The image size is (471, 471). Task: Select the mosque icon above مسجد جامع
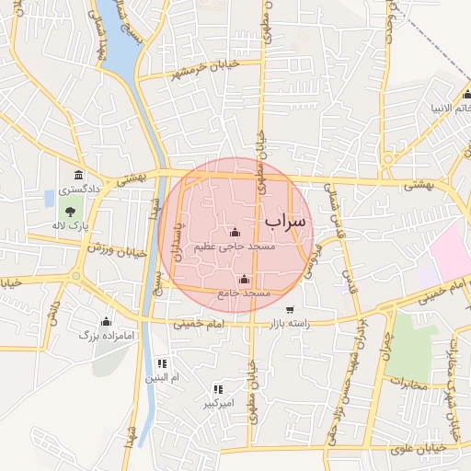(x=244, y=279)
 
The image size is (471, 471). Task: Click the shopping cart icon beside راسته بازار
(x=291, y=310)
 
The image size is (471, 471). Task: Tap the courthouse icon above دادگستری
(x=78, y=176)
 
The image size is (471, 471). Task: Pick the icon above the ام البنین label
(x=163, y=363)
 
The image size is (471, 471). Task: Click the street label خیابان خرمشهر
(x=201, y=70)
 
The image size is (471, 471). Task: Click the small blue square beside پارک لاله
(x=49, y=198)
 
